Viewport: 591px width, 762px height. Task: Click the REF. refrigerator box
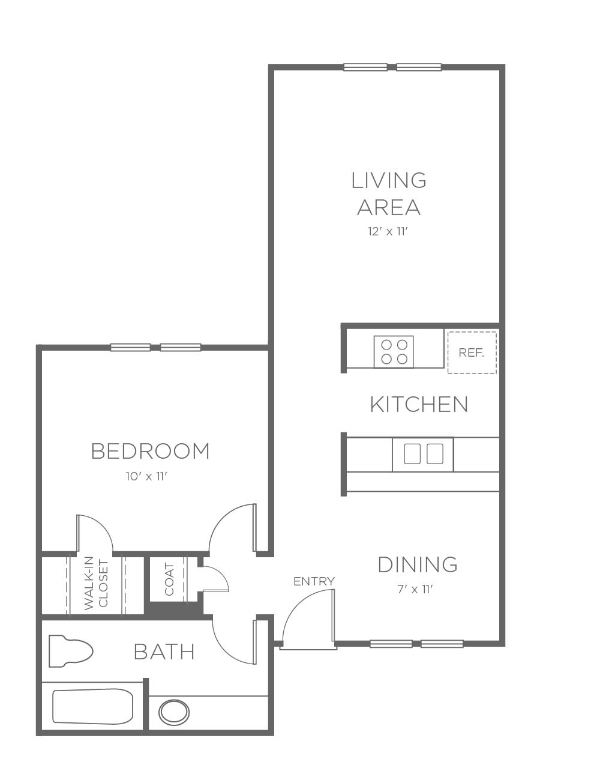pyautogui.click(x=472, y=352)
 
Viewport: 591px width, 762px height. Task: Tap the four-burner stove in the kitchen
pyautogui.click(x=394, y=352)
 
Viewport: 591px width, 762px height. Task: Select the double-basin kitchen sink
pyautogui.click(x=423, y=454)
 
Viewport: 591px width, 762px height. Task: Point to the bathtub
pyautogui.click(x=93, y=710)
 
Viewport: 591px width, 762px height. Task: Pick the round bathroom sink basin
pyautogui.click(x=174, y=712)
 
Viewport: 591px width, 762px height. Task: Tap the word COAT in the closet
pyautogui.click(x=169, y=579)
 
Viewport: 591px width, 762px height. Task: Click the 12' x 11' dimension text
pyautogui.click(x=388, y=231)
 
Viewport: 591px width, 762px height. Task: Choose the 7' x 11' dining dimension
pyautogui.click(x=415, y=590)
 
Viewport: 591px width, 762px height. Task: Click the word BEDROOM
pyautogui.click(x=150, y=451)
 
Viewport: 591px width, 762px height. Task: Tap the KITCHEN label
pyautogui.click(x=419, y=404)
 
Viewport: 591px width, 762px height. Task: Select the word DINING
pyautogui.click(x=418, y=564)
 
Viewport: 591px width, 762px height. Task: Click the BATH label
pyautogui.click(x=164, y=652)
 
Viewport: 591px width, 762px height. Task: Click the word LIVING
pyautogui.click(x=389, y=180)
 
